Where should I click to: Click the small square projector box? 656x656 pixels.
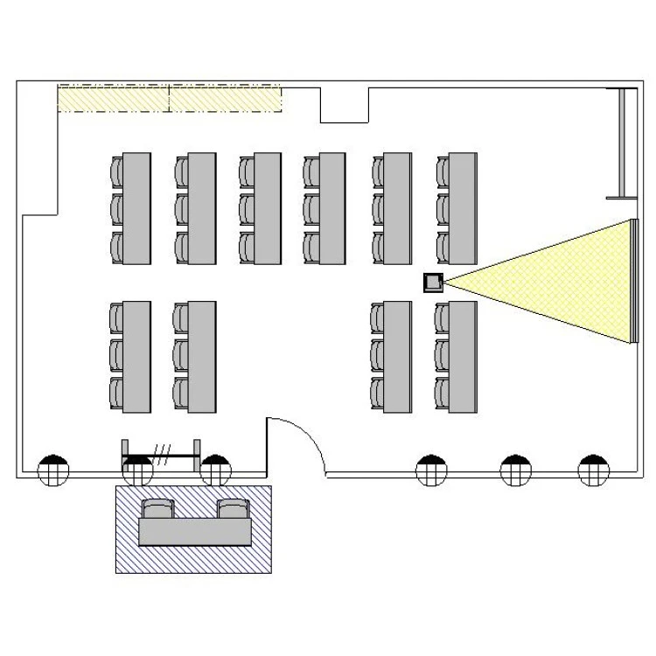tap(433, 282)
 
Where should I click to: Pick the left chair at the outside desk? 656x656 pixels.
tap(157, 509)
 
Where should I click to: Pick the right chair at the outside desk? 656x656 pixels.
tap(234, 509)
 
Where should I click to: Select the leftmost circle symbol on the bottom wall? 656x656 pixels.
tap(53, 471)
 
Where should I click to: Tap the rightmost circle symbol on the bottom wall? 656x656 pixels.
tap(592, 471)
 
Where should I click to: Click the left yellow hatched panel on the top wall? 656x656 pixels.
tap(113, 99)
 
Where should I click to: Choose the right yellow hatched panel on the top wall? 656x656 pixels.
tap(225, 99)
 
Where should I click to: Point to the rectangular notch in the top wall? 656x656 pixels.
tap(345, 105)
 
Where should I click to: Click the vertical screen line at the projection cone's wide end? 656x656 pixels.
tap(632, 282)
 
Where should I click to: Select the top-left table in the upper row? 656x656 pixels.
tap(136, 208)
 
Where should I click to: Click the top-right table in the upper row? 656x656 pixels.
tap(462, 208)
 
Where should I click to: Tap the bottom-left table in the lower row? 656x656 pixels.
tap(136, 357)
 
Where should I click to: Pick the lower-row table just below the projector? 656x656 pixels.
tap(462, 357)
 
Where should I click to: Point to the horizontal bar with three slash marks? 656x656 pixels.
tap(162, 456)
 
